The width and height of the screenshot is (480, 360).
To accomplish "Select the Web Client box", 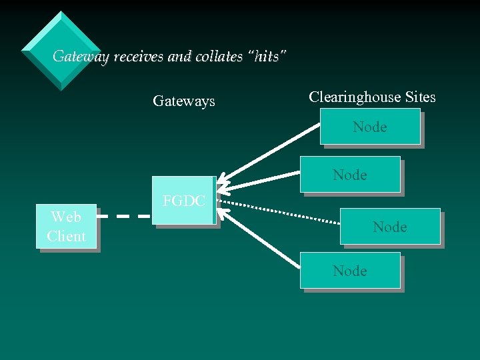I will click(x=66, y=227).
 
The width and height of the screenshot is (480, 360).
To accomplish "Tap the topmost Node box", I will click(x=369, y=127).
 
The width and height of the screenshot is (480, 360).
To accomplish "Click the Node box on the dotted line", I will click(x=390, y=227).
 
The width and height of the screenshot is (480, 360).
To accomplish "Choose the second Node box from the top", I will click(x=350, y=175).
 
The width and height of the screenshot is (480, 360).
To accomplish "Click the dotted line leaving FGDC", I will click(x=280, y=208).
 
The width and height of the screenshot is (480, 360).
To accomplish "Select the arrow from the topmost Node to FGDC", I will click(x=273, y=155).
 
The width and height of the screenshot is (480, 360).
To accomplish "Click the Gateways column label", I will click(x=184, y=101).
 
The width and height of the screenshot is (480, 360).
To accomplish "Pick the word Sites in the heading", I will click(x=420, y=97).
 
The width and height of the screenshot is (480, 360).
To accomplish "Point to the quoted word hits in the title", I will click(x=267, y=57).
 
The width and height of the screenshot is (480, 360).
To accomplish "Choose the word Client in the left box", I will click(x=66, y=237).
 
